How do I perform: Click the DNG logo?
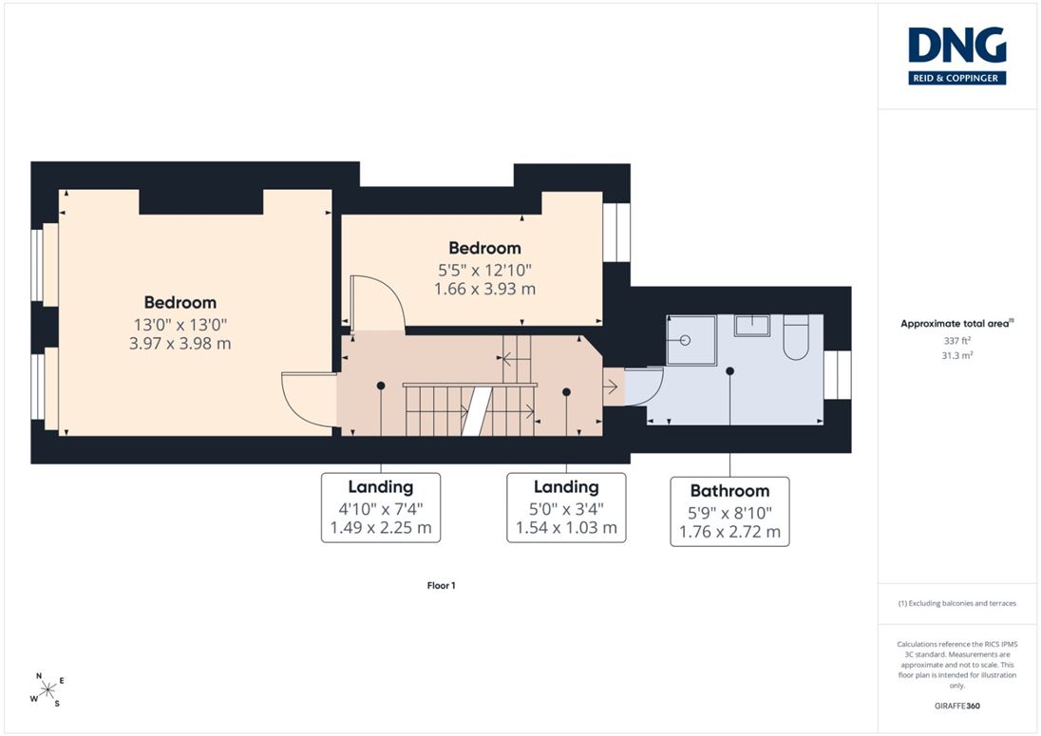click(956, 56)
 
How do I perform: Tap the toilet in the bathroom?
click(795, 338)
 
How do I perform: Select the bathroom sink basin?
click(752, 325)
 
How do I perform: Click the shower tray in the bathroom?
click(691, 340)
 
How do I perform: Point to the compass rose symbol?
click(47, 690)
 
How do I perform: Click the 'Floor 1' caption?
click(441, 585)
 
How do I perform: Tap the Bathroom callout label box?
click(729, 511)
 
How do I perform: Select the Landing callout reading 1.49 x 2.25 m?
click(381, 508)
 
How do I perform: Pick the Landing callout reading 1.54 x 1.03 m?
click(566, 508)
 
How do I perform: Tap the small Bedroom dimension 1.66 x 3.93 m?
click(484, 289)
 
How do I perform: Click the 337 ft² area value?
click(956, 341)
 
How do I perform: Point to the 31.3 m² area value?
click(956, 356)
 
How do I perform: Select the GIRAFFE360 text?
click(956, 706)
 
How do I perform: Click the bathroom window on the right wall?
click(837, 375)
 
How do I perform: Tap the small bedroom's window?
click(616, 233)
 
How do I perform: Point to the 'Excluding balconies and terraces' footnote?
click(956, 603)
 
